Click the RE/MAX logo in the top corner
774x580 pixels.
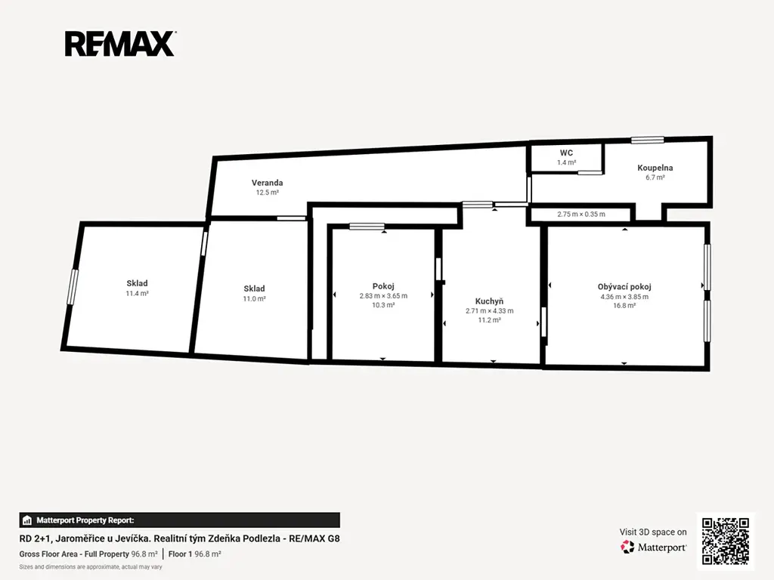point(120,43)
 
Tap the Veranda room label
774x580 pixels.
point(267,183)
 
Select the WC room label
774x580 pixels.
point(566,153)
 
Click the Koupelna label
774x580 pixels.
point(655,168)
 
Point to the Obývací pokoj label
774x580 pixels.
point(624,286)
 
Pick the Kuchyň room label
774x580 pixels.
point(489,301)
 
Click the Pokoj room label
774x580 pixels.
point(383,286)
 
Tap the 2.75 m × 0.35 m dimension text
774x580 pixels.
point(581,214)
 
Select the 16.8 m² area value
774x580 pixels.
point(624,306)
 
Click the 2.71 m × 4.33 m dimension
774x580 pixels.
point(489,310)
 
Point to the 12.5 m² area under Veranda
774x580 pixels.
point(267,193)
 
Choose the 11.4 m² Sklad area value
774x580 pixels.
point(138,294)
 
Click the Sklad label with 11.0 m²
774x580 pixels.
point(254,288)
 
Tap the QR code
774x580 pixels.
point(726,541)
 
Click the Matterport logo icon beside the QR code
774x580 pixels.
point(627,547)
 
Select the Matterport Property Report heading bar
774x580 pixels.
point(180,520)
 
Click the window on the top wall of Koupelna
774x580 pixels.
point(647,140)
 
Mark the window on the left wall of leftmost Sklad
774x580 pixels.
point(73,286)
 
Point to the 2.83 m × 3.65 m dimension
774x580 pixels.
point(383,296)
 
